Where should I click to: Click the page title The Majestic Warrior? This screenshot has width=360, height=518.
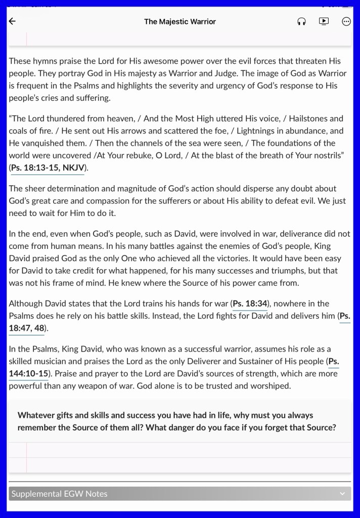pyautogui.click(x=179, y=21)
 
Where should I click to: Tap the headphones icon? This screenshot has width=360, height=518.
pyautogui.click(x=301, y=21)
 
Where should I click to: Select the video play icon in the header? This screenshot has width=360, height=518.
pyautogui.click(x=324, y=21)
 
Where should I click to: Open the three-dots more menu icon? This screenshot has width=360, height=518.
pyautogui.click(x=346, y=21)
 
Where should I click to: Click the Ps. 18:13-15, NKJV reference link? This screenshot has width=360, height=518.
pyautogui.click(x=47, y=167)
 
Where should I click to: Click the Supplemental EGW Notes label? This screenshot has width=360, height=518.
pyautogui.click(x=60, y=494)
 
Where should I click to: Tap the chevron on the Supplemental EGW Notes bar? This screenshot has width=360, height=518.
pyautogui.click(x=342, y=494)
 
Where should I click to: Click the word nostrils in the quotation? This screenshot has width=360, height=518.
pyautogui.click(x=325, y=155)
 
